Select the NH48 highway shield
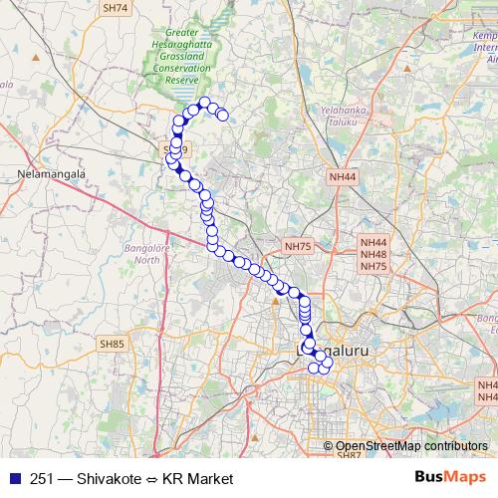pos(374,254)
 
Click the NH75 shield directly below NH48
pos(374,266)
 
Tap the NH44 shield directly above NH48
pos(374,242)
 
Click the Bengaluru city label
pos(333,353)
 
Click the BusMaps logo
pos(451,478)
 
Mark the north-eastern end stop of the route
pos(223,116)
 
